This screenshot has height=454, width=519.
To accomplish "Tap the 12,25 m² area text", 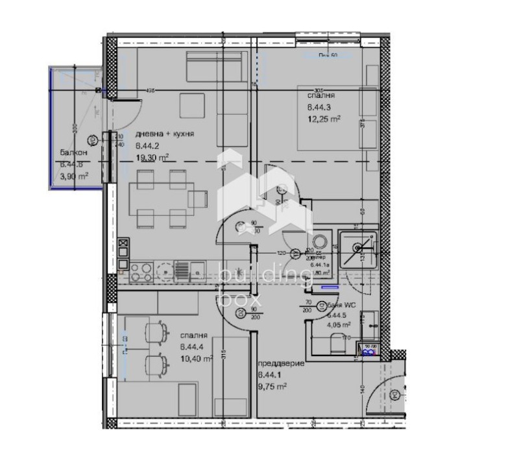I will click(x=324, y=119).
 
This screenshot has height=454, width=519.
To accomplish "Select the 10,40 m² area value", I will click(x=197, y=358).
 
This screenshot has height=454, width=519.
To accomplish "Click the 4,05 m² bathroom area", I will click(x=338, y=325).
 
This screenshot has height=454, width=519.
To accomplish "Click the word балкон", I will click(x=71, y=152).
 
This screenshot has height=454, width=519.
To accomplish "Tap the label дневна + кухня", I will click(x=165, y=134).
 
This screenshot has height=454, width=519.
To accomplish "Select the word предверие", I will click(x=281, y=364).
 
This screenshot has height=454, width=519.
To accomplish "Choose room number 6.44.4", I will click(x=193, y=346).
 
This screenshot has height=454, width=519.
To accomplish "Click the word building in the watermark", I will click(x=265, y=276).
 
